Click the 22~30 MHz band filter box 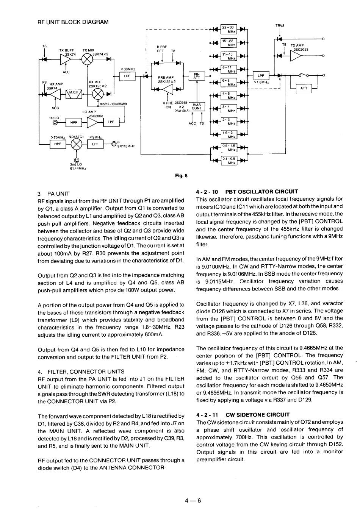(229, 29)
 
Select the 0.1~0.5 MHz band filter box (229, 160)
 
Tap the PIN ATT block (197, 76)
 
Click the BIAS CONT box (197, 106)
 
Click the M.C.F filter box (74, 94)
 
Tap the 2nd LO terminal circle (77, 160)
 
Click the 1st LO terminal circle (56, 122)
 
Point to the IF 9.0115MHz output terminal (114, 144)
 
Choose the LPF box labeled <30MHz (127, 76)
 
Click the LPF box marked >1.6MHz (260, 76)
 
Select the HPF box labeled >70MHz (58, 144)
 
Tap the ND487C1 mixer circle (77, 144)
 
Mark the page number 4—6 (193, 500)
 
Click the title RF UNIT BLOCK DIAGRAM (73, 22)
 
